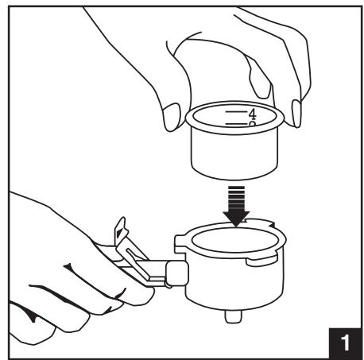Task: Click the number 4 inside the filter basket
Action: coord(253,114)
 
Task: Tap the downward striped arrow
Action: coord(236,206)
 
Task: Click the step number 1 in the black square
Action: coord(345,343)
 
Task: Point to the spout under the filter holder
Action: coord(233,316)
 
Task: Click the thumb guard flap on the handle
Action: coord(121,230)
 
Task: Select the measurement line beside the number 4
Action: coord(236,112)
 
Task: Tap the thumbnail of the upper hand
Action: coord(172,117)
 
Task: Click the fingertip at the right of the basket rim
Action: coord(296,114)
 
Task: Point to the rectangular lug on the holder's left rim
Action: coord(180,243)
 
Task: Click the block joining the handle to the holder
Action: coord(177,273)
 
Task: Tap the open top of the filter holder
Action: coord(235,240)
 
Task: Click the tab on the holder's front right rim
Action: coord(261,261)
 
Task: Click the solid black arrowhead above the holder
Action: coord(236,219)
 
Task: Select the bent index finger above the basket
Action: coord(258,77)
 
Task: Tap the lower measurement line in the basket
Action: coord(236,124)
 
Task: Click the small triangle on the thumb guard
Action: coord(120,233)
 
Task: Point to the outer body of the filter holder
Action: coord(234,281)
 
